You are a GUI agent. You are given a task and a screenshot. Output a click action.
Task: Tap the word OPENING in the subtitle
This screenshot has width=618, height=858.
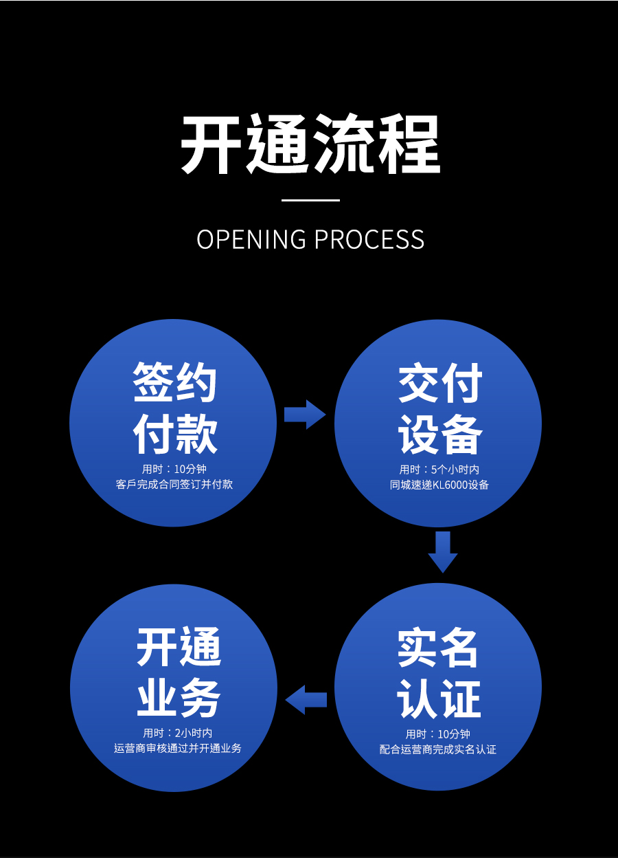point(251,239)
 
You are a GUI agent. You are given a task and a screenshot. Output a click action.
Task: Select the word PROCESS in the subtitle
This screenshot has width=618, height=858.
point(369,239)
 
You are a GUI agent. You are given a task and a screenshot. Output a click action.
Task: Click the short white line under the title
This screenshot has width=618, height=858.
point(310,200)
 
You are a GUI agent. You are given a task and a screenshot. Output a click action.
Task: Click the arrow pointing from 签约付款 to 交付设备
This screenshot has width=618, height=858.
point(305,414)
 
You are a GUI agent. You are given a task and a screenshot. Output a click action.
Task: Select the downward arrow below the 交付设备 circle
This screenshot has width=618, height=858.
point(442,551)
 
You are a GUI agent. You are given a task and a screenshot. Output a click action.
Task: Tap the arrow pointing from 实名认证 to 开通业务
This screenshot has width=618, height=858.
point(306,700)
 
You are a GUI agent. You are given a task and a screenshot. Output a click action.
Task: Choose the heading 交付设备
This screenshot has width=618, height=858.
point(440,409)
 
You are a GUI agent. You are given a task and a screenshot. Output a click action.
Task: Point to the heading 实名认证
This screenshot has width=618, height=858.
point(438,673)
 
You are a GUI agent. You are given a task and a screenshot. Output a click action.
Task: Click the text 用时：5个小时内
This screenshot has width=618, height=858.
point(439,470)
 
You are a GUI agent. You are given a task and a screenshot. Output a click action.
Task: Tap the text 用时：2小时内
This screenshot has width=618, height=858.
point(178,733)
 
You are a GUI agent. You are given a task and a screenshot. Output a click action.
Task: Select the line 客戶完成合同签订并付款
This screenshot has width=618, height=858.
point(174,484)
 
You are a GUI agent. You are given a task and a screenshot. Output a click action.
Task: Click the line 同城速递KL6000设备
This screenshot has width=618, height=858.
point(439,485)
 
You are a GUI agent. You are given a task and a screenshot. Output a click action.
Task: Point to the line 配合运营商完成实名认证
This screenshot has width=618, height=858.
point(438,749)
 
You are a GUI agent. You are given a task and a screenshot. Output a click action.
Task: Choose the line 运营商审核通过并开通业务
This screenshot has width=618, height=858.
point(178,748)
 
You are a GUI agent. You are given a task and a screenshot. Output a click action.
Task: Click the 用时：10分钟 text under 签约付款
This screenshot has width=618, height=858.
point(174,469)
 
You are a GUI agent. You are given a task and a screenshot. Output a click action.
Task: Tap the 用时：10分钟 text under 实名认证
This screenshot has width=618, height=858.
point(438,734)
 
